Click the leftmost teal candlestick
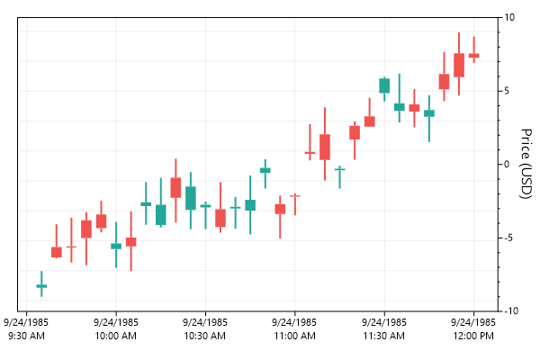coord(41,285)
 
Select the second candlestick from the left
coord(56,252)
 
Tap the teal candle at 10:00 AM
coord(116,246)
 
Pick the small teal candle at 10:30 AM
coord(205,206)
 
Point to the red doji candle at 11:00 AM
coord(294,195)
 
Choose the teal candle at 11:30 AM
coord(384,85)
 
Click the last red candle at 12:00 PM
coord(473,56)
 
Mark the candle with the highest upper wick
coord(459,65)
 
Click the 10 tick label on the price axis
coord(509,18)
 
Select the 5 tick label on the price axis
coord(509,91)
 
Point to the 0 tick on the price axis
coord(509,164)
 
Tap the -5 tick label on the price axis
coord(509,238)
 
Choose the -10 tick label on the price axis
coord(509,310)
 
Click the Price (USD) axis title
coord(527,164)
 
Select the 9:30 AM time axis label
coord(27,328)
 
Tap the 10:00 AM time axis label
coord(116,328)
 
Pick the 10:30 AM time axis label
coord(205,328)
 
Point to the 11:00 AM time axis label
coord(294,328)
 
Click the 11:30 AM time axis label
coord(384,328)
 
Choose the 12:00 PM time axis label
coord(473,328)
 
